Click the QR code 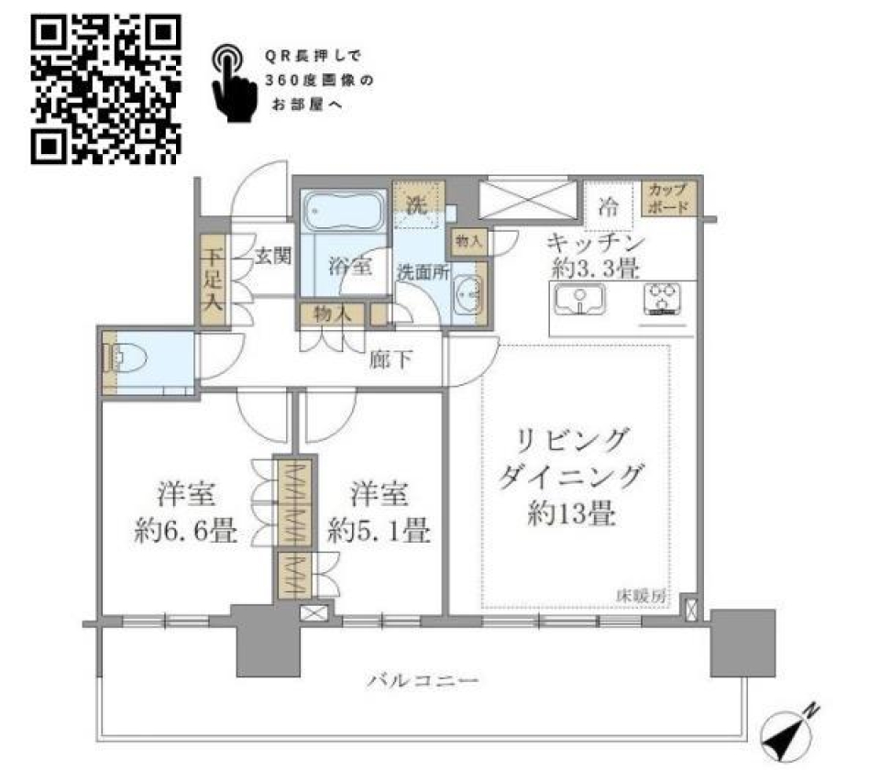[x=105, y=91]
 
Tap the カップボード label [x=668, y=198]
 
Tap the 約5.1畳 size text [x=379, y=531]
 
